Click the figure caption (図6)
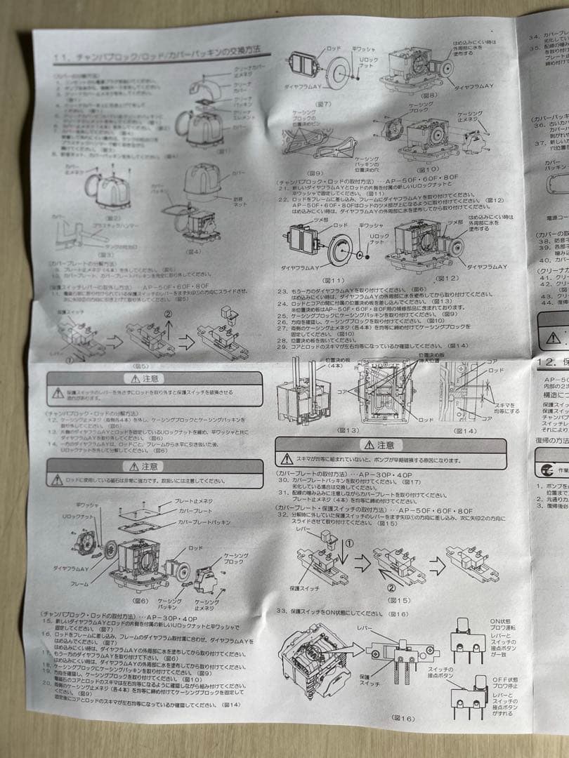click(140, 601)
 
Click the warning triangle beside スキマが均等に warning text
click(287, 460)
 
